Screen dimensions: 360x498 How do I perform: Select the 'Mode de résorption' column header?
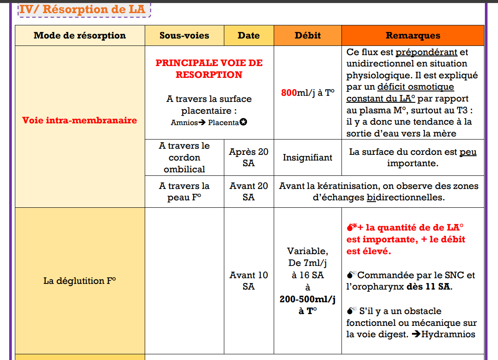pos(80,36)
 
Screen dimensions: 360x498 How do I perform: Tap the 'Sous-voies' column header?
pos(184,36)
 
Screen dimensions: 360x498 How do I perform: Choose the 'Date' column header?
pos(249,36)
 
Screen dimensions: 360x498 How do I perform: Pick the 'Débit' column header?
pos(307,36)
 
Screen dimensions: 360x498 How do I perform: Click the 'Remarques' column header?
pos(413,36)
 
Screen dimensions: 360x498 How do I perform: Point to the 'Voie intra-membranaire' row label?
pos(80,120)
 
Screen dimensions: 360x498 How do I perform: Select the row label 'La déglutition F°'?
pos(80,281)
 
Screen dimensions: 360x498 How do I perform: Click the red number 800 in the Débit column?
pos(289,93)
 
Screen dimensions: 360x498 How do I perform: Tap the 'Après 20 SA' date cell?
pos(249,157)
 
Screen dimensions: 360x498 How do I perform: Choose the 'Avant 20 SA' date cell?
pos(249,192)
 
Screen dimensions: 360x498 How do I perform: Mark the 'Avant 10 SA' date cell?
pos(249,281)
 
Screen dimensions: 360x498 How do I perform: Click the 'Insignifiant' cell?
pos(307,157)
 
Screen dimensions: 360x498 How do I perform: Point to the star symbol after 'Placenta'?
pos(244,122)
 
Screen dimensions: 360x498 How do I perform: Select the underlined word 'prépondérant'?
pos(426,52)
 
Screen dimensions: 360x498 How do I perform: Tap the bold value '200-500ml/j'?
pos(307,299)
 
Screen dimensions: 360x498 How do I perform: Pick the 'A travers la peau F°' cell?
pos(184,192)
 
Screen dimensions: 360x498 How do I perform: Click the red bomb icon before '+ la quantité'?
pos(351,227)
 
